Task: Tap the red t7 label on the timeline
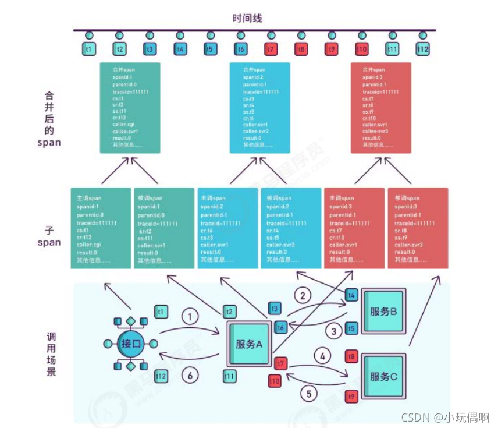coord(271,49)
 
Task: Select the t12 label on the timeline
coord(422,49)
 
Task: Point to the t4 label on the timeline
coord(180,49)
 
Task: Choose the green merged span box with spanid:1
coord(130,108)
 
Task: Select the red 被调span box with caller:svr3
coord(418,228)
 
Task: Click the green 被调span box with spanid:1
coord(164,228)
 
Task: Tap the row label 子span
coord(49,236)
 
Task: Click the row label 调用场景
coord(51,353)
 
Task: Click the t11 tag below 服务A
coord(230,376)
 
